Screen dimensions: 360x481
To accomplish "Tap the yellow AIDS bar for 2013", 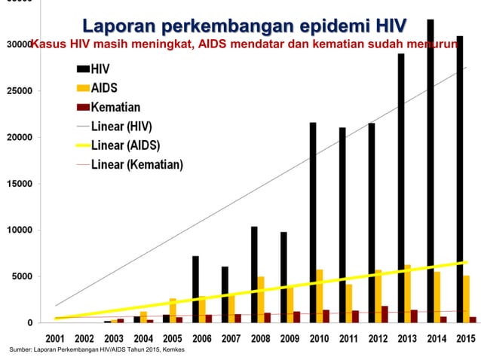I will [408, 294].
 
